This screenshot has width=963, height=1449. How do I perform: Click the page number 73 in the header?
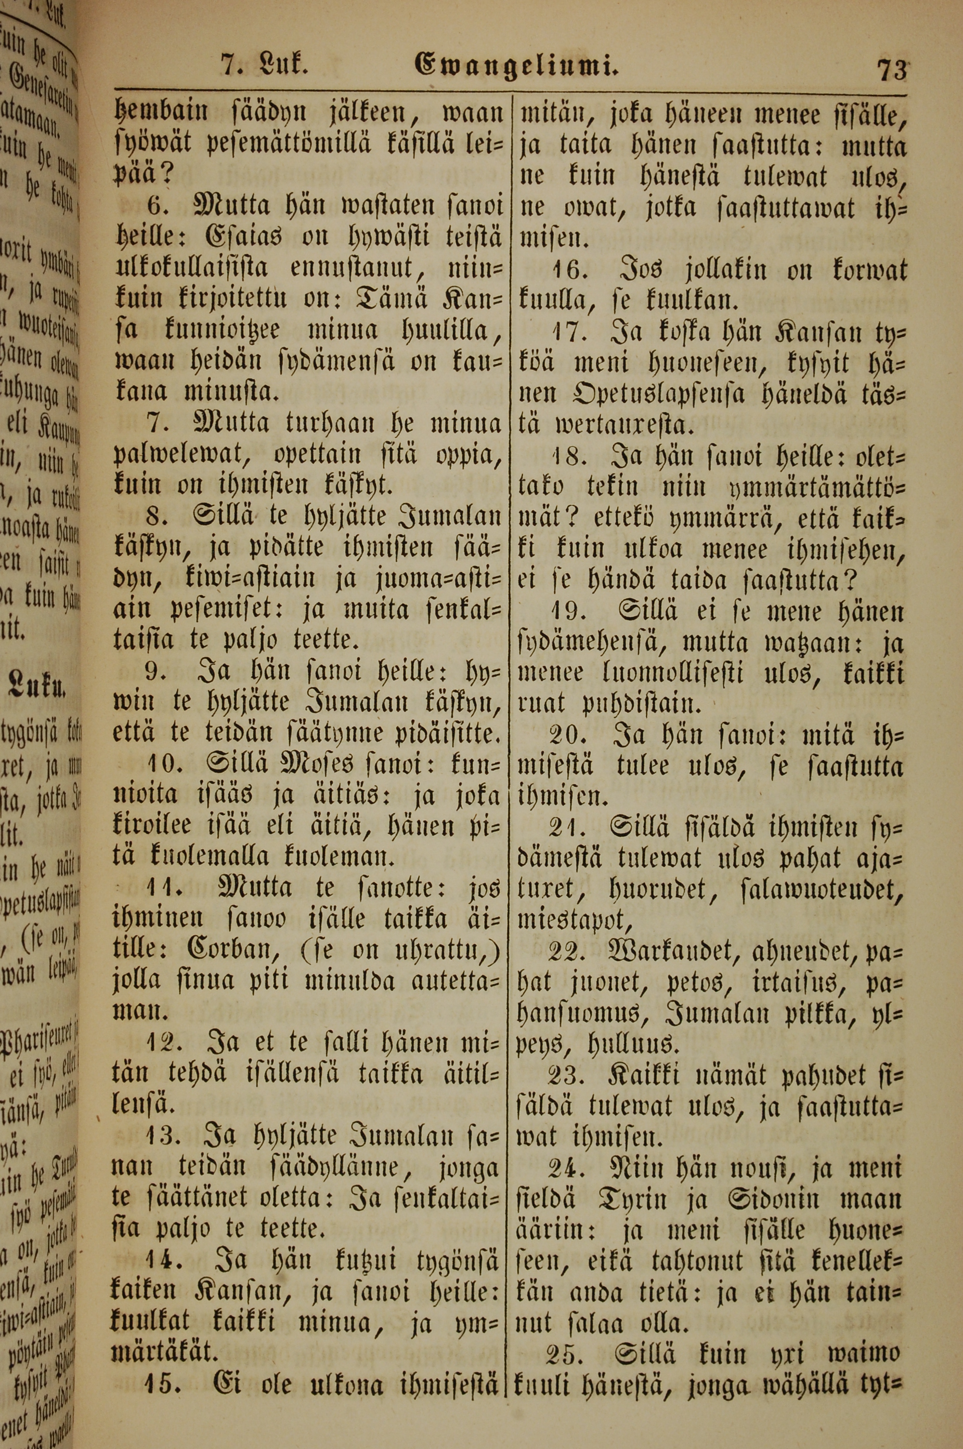(891, 69)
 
